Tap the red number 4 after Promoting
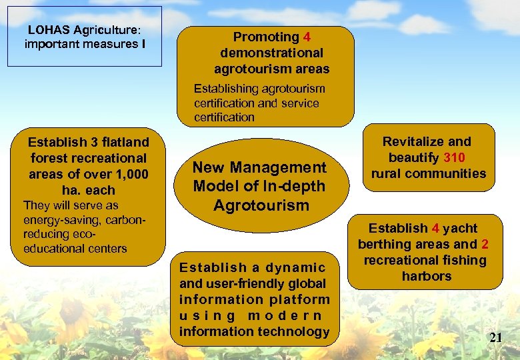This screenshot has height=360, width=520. [x=307, y=37]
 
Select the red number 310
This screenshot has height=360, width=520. [x=454, y=158]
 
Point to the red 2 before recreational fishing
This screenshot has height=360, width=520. [x=485, y=244]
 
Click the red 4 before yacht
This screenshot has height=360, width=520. [x=435, y=228]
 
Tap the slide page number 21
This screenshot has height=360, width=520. [x=495, y=337]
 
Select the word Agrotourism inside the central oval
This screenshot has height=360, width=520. [x=261, y=205]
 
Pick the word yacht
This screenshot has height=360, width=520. [x=460, y=228]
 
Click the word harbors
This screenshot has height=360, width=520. [x=427, y=276]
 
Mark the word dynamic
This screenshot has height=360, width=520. [x=295, y=267]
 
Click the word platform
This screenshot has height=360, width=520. [x=300, y=299]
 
